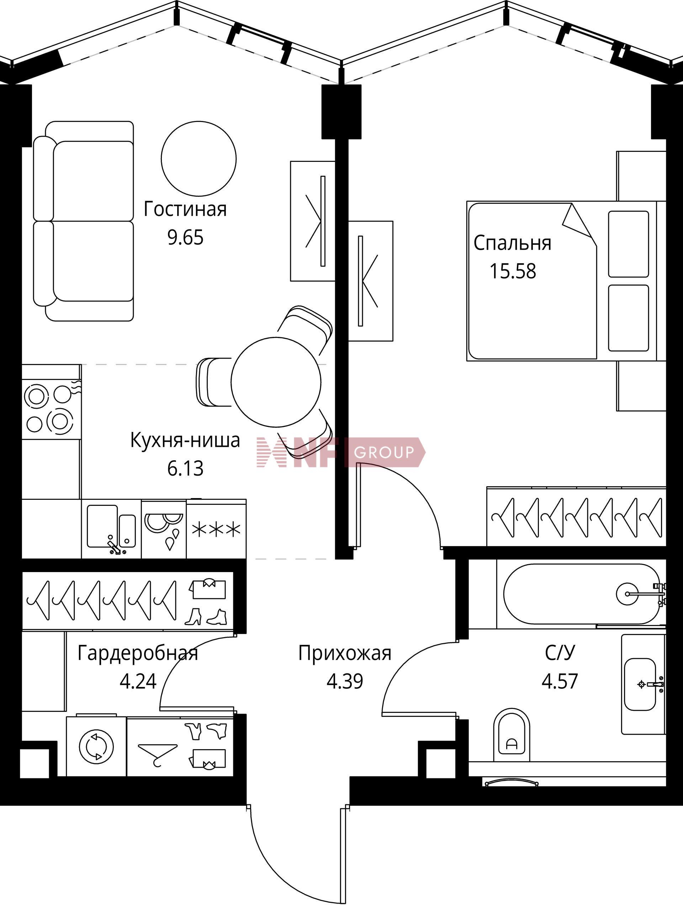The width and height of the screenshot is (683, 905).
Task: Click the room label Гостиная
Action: [185, 209]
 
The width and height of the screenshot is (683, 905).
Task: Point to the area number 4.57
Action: [560, 681]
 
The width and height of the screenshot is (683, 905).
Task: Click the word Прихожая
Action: [345, 653]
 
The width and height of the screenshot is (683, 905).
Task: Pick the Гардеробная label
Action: [138, 653]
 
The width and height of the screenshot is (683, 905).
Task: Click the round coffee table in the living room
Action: [199, 158]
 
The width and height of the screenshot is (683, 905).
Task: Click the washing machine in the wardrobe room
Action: [96, 746]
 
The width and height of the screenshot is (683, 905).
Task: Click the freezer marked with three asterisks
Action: [216, 529]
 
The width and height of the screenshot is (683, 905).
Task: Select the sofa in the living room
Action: [84, 221]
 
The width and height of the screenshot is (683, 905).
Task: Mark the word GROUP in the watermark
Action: [384, 452]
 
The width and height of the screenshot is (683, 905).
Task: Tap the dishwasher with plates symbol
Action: [164, 529]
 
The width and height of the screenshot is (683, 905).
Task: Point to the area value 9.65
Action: [185, 237]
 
